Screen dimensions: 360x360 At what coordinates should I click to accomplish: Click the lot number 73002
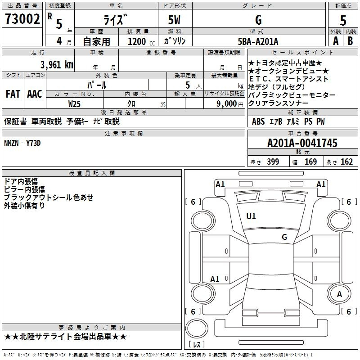point(22,19)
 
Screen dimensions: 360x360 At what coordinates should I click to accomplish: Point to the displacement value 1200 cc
point(141,41)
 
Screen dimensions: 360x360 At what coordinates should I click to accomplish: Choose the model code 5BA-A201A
point(258,41)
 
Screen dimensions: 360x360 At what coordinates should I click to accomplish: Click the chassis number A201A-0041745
point(302,143)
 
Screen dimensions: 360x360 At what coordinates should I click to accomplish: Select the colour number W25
point(74,103)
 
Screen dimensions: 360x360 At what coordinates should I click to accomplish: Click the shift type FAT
point(13,94)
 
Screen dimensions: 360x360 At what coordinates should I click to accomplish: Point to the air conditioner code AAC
point(35,94)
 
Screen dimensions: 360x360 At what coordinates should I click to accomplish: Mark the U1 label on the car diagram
point(251,216)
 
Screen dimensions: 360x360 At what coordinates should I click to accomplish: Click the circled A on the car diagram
point(340,294)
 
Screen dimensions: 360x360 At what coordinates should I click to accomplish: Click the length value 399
point(273,162)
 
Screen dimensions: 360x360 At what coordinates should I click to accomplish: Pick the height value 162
point(346,162)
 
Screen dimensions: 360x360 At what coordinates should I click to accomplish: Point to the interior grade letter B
point(350,41)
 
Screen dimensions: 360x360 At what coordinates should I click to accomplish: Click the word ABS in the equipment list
point(258,121)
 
